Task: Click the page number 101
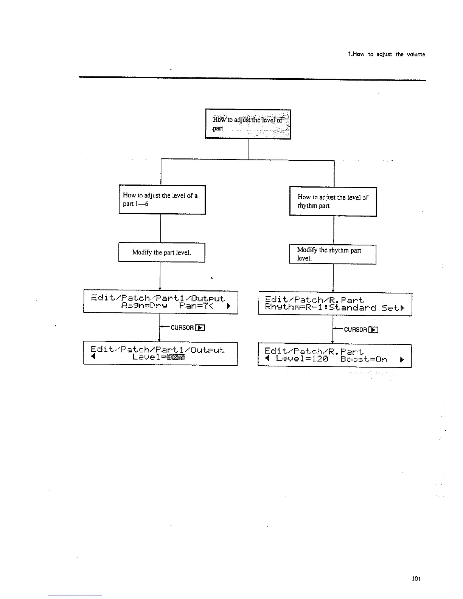[416, 579]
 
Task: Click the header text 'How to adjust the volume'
[386, 54]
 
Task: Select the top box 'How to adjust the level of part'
[248, 124]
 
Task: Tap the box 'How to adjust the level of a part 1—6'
[162, 200]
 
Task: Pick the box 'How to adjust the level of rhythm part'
[333, 202]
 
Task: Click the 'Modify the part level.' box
[162, 252]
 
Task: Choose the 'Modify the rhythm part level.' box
[332, 254]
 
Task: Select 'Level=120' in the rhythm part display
[302, 359]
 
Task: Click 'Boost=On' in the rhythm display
[364, 359]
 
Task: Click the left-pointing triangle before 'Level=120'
[267, 359]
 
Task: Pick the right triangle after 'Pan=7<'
[228, 306]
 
